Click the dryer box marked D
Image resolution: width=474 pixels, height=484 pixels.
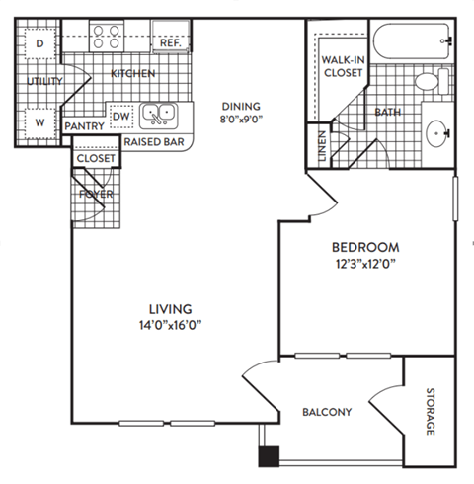39,44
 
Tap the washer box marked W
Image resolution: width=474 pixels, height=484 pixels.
39,122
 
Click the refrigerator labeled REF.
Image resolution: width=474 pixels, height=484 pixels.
169,44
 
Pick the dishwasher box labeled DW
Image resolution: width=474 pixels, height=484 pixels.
121,117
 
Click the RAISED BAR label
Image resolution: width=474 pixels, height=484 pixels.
155,142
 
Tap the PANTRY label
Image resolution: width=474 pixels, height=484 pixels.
85,127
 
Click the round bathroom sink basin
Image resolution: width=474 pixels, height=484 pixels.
438,128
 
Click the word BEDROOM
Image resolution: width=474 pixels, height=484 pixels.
364,247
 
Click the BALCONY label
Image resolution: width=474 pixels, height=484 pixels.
326,412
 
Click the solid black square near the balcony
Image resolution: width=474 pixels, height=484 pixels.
268,455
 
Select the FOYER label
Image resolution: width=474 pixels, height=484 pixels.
97,194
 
